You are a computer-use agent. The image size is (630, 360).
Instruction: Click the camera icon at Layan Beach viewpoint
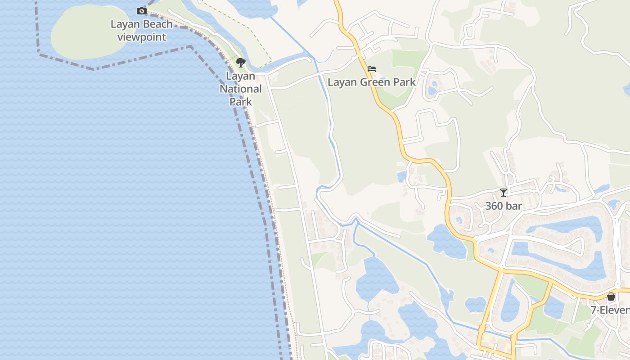point(142,11)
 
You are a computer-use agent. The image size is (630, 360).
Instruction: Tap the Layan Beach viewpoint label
point(142,30)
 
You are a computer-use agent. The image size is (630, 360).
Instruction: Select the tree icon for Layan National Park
point(241,63)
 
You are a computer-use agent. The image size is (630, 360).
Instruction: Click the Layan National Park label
point(241,89)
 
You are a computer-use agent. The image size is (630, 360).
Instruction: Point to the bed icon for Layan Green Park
point(372,69)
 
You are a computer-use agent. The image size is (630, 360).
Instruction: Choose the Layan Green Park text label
point(372,82)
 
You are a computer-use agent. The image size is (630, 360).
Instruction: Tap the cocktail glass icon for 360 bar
point(504,193)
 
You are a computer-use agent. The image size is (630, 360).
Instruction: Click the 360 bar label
point(504,206)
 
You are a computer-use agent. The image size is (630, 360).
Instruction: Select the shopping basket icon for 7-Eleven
point(611,297)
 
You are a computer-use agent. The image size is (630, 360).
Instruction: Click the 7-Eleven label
point(610,310)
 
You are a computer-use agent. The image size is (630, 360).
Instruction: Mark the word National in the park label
point(241,89)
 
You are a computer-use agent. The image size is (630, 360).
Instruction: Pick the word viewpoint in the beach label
point(142,37)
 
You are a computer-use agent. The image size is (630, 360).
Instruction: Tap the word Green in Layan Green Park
point(372,82)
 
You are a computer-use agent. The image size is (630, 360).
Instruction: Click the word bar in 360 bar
point(514,206)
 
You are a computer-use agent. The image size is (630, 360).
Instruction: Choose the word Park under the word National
point(241,101)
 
